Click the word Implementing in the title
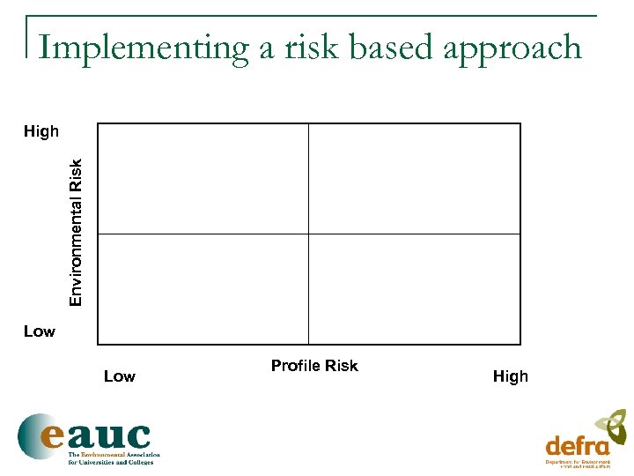(x=144, y=48)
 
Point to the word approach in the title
(x=512, y=49)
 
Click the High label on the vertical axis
(x=41, y=132)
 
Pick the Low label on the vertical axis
(x=40, y=331)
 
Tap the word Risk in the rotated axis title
(x=77, y=173)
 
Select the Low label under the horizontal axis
(x=120, y=376)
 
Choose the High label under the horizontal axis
(x=511, y=376)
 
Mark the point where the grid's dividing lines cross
(x=309, y=234)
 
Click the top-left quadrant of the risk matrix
(x=203, y=178)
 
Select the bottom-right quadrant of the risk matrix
(x=415, y=288)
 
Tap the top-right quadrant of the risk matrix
(x=415, y=178)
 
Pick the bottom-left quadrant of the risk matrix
(x=203, y=288)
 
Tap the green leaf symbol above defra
(x=613, y=424)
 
